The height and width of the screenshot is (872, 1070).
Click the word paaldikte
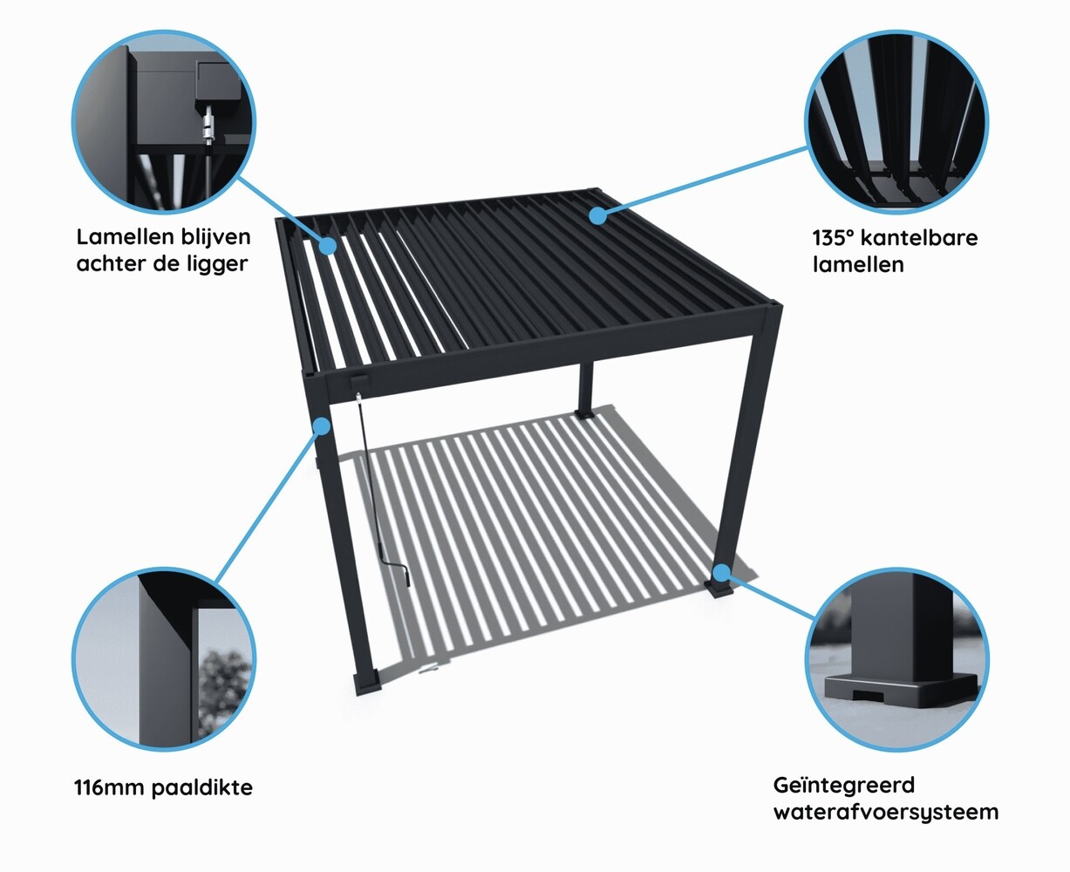point(202,788)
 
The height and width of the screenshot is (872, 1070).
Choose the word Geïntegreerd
point(844,786)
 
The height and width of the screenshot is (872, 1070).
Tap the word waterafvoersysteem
point(886,813)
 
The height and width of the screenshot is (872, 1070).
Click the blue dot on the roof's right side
point(596,214)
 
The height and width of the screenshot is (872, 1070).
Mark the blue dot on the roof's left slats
point(328,245)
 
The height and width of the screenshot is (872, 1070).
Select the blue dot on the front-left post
point(322,426)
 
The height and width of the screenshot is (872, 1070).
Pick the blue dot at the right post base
point(720,573)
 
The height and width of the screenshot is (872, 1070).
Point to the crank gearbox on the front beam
point(359,382)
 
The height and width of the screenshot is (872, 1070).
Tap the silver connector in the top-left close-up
point(208,128)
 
